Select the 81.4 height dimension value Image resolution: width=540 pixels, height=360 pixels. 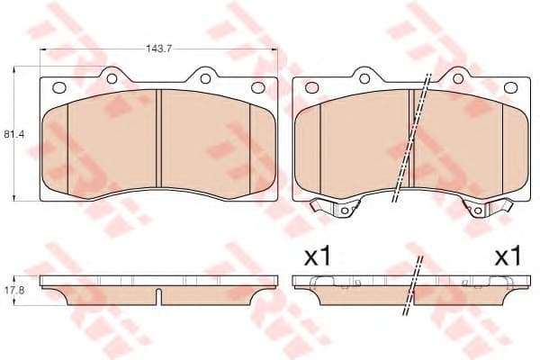[x=12, y=135]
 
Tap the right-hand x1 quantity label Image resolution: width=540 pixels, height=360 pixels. [x=508, y=256]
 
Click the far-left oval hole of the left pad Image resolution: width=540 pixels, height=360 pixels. [x=60, y=88]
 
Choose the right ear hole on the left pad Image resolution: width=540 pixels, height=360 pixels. [x=206, y=78]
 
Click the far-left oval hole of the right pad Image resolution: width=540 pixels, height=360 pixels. [x=312, y=88]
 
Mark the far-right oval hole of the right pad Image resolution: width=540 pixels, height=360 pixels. [x=510, y=88]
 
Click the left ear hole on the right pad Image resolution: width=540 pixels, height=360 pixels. [x=364, y=78]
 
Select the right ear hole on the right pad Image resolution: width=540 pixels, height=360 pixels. [x=457, y=78]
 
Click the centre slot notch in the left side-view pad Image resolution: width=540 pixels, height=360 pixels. [x=159, y=296]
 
